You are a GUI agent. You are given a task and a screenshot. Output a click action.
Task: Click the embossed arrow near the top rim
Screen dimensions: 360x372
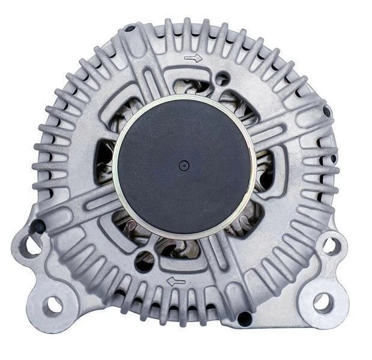coord(194,58)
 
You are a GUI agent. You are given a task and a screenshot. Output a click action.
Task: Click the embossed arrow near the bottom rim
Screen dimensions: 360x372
coord(175,281)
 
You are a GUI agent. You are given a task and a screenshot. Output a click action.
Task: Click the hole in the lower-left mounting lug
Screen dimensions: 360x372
coord(53,305)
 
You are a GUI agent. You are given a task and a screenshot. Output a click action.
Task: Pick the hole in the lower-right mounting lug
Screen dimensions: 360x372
coord(323,302)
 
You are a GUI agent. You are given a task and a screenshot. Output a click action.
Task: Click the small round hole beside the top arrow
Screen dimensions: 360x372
coord(223,78)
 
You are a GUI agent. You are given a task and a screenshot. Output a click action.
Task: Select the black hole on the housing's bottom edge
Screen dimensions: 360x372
coord(244,319)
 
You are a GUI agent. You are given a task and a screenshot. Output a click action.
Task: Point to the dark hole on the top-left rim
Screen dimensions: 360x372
coord(129,28)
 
